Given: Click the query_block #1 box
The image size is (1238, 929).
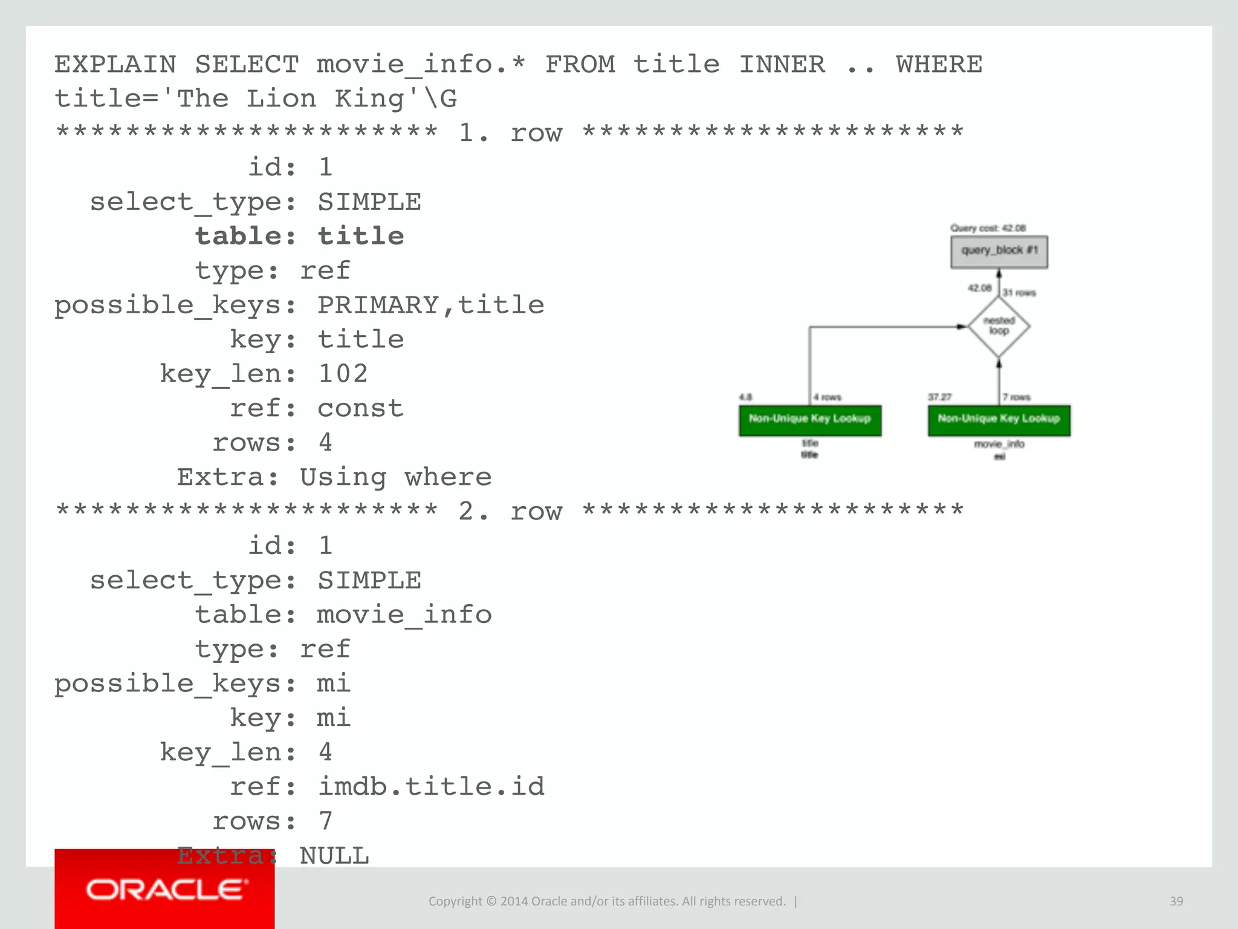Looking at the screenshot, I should (x=999, y=252).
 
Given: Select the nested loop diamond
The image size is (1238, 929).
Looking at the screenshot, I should (x=999, y=327).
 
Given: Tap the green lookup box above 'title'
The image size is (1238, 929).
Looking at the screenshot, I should (x=809, y=420).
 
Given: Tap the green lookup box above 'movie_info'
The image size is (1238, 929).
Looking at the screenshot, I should (x=999, y=420).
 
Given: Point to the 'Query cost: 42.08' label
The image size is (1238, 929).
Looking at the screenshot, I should (x=988, y=228).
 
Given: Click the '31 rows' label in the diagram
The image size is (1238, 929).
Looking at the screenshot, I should (x=1019, y=293).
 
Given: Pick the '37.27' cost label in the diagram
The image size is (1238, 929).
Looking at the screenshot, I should (x=939, y=397).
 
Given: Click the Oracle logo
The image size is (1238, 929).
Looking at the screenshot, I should (x=165, y=890).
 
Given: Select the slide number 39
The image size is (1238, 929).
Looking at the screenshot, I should (x=1176, y=901).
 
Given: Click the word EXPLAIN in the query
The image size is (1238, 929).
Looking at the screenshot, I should (x=115, y=64).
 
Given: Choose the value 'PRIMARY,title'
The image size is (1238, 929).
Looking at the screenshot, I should (x=430, y=305).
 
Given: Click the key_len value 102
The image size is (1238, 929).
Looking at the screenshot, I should (x=343, y=374).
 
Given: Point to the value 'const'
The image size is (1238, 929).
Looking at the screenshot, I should (x=360, y=408).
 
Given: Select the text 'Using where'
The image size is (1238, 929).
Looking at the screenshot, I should (x=395, y=477).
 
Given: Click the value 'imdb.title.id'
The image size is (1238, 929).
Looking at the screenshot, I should (x=431, y=786).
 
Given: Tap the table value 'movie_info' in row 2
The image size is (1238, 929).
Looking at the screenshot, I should (x=404, y=614).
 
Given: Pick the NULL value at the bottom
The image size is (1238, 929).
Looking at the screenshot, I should (x=334, y=856).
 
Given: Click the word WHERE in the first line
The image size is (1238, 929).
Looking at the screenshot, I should (x=939, y=64).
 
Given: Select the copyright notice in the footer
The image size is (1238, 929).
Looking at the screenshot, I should (x=607, y=901).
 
